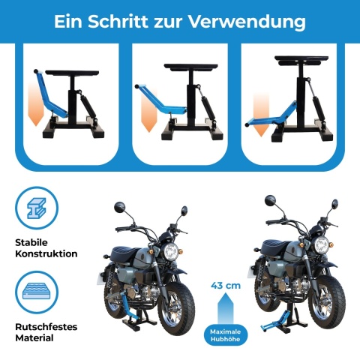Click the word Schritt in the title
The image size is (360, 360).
coord(124,21)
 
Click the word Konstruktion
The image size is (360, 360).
coord(46,253)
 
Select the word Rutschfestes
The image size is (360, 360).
coord(46,326)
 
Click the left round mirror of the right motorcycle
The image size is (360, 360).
coord(270,202)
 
